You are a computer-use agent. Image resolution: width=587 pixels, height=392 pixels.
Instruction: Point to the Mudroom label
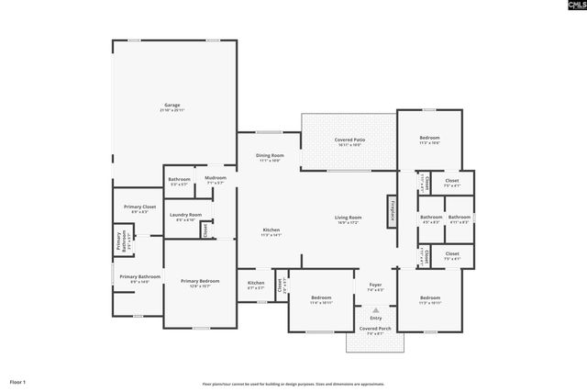pyautogui.click(x=216, y=180)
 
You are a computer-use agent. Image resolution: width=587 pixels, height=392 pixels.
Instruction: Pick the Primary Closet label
pyautogui.click(x=139, y=209)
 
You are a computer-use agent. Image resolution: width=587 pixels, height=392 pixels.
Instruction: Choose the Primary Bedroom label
pyautogui.click(x=199, y=283)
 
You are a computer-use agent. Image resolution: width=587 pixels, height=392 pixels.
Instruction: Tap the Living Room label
pyautogui.click(x=349, y=219)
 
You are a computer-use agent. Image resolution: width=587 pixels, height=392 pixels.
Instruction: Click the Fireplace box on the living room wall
pyautogui.click(x=392, y=211)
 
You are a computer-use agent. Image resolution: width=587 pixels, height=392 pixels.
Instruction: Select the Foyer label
pyautogui.click(x=374, y=286)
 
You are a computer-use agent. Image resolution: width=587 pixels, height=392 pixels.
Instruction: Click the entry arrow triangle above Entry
pyautogui.click(x=374, y=311)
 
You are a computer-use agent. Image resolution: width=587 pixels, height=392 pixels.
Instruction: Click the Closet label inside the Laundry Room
pyautogui.click(x=205, y=230)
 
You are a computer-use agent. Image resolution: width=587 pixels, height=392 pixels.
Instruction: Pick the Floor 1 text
pyautogui.click(x=18, y=381)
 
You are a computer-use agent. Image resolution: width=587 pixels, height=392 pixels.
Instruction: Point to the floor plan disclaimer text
pyautogui.click(x=293, y=385)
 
